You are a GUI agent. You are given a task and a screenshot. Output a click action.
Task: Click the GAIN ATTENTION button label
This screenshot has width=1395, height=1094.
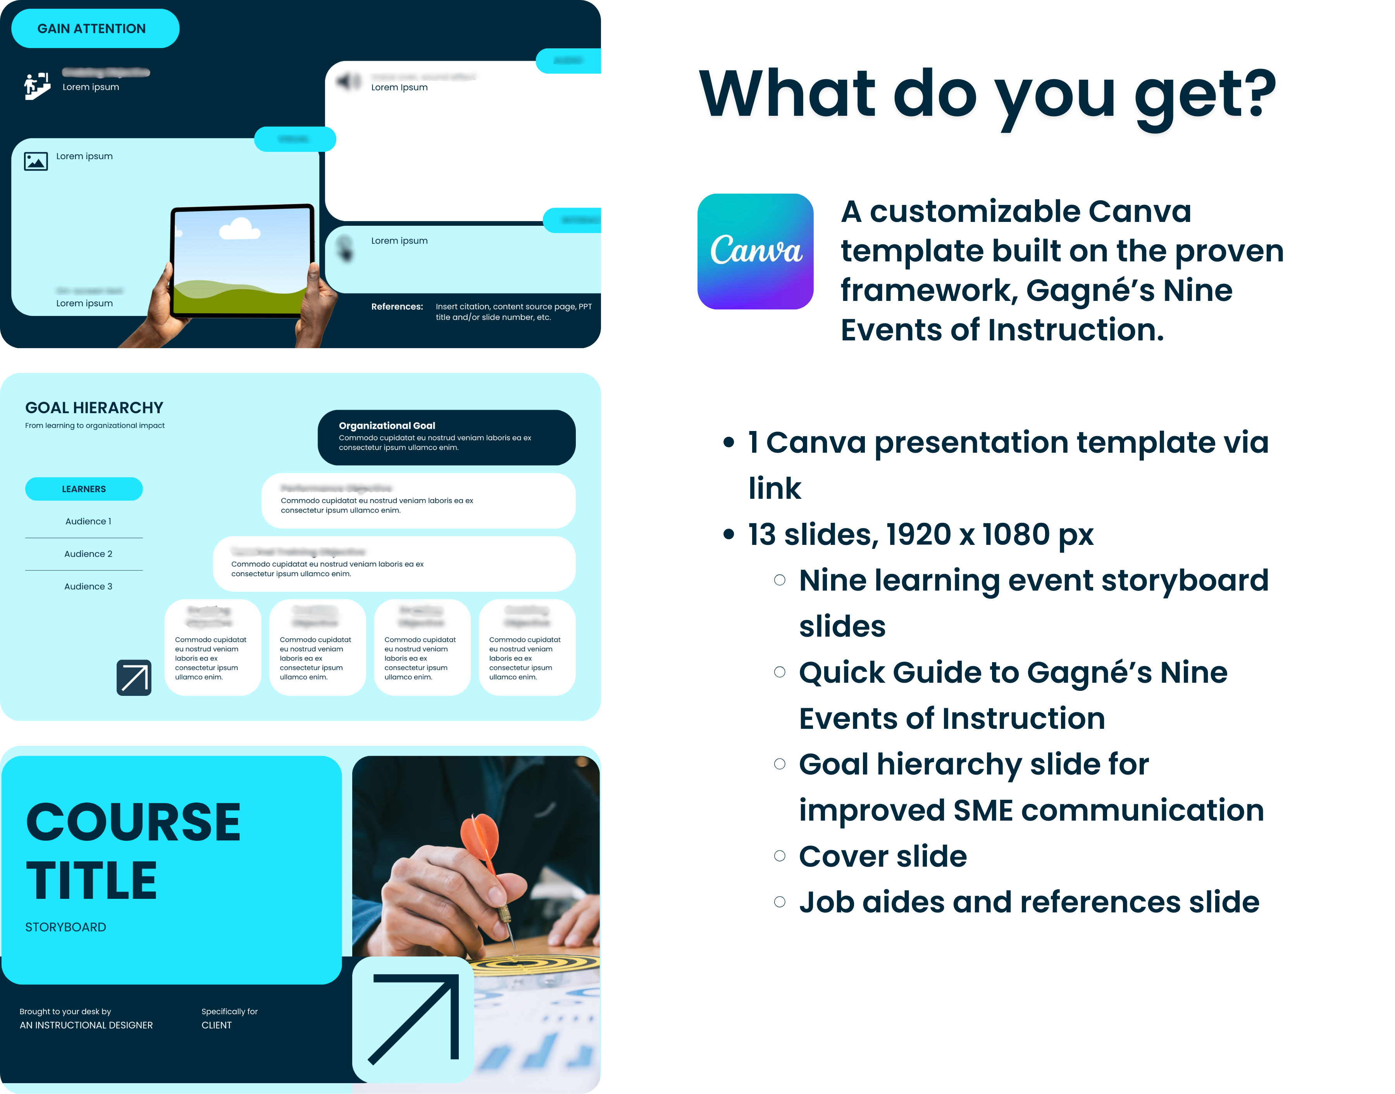pos(91,29)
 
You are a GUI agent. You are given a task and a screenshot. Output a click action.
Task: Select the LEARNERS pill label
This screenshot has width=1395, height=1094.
pos(84,489)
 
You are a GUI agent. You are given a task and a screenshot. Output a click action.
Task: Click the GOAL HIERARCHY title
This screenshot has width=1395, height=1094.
pos(94,408)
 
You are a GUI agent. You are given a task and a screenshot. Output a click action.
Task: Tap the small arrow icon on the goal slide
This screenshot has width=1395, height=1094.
pos(134,678)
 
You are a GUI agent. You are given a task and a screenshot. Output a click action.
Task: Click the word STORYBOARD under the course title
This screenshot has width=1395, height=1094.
pos(65,927)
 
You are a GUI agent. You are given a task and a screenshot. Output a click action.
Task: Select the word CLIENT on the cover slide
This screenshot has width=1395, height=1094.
pos(217,1025)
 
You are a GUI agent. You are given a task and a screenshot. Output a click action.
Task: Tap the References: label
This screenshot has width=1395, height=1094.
pos(397,307)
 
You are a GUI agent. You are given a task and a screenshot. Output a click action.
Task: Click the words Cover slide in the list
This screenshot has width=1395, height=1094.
pos(882,856)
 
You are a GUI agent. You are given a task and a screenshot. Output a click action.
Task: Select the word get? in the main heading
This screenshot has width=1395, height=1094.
pos(1205,95)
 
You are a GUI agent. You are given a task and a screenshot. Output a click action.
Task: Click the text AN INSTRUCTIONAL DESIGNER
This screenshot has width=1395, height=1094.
pos(86,1025)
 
